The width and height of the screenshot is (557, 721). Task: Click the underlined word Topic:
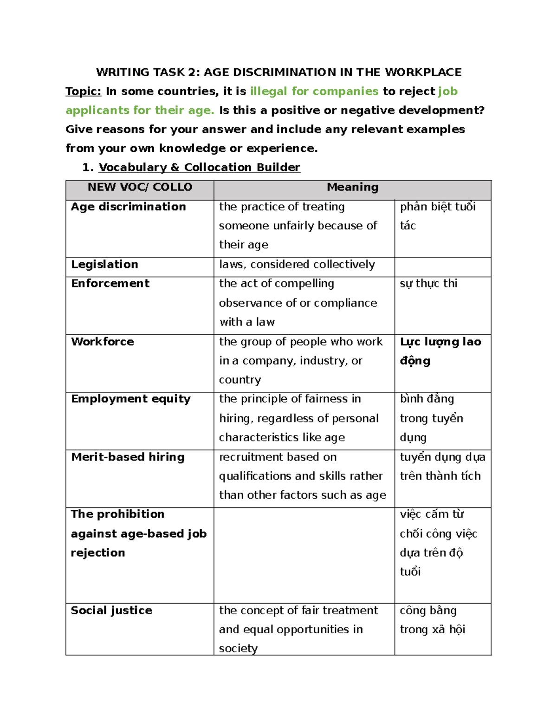pos(83,91)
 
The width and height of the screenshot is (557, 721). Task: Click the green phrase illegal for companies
pos(314,91)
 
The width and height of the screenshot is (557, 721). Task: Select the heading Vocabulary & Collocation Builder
pos(199,167)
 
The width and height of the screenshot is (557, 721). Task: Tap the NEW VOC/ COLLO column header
pos(140,187)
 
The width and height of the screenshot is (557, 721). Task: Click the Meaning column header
pos(352,187)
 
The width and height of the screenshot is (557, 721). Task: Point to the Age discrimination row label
pos(128,207)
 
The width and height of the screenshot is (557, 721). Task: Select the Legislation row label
pos(104,264)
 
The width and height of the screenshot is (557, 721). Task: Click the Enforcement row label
pos(110,283)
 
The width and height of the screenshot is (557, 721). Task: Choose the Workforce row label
pos(102,342)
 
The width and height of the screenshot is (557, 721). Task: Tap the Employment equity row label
pos(130,399)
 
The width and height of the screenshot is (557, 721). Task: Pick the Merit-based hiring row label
pos(128,457)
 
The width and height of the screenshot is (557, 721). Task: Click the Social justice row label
pos(111,611)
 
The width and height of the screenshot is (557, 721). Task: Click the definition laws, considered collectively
pos(297,264)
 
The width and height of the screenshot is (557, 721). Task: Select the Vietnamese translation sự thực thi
pos(428,283)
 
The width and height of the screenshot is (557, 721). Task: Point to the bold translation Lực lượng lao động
pos(440,351)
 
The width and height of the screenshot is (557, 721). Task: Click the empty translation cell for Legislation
pos(442,267)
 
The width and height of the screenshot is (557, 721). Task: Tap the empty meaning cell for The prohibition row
pos(304,555)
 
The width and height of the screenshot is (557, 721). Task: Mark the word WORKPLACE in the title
pos(423,72)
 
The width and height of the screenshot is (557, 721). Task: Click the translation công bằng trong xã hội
pos(432,620)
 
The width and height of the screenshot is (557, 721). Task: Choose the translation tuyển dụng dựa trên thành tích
pos(442,466)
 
